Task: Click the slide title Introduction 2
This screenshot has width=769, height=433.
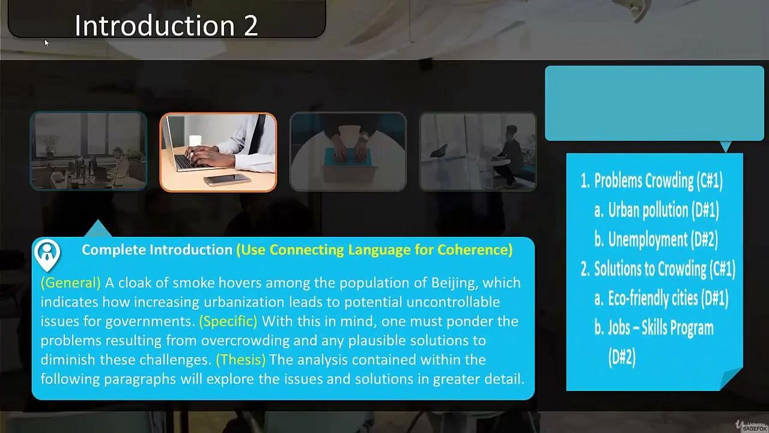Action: (166, 26)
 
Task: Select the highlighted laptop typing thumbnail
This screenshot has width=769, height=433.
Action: (218, 152)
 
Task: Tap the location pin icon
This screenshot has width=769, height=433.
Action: (47, 254)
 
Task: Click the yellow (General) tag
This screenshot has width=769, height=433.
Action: (71, 283)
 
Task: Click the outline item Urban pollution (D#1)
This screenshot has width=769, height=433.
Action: (663, 210)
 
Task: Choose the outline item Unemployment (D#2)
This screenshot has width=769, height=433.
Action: (663, 239)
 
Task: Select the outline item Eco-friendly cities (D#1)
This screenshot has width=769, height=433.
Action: (668, 298)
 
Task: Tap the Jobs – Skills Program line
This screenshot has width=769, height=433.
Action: (661, 328)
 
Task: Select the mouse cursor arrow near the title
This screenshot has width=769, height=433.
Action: (46, 42)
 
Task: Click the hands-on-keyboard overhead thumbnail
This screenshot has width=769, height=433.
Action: (348, 152)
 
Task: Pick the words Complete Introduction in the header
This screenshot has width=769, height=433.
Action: (157, 250)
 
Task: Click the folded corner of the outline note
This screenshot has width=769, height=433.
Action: (731, 378)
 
